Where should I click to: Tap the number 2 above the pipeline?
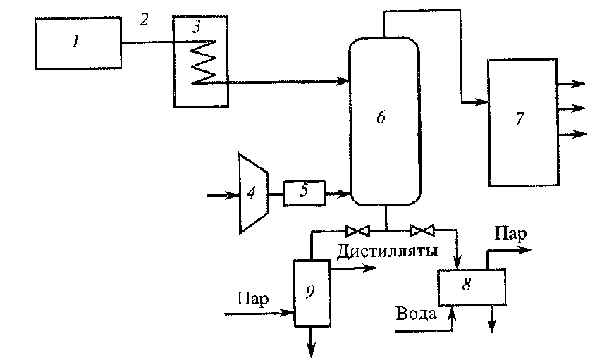point(144,20)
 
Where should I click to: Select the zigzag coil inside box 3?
point(204,61)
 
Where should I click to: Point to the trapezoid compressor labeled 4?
point(254,193)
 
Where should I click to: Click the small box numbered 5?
point(304,193)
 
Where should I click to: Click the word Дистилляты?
point(387,251)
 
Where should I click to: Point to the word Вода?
point(416,314)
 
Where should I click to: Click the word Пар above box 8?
point(510,234)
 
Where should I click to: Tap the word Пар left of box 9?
point(253,299)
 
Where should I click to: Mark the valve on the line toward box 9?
point(357,230)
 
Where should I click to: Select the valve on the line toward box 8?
point(422,230)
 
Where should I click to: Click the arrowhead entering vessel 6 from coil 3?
point(342,80)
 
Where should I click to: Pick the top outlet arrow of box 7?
point(572,84)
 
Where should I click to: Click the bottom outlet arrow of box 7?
point(572,134)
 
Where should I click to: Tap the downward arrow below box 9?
point(311,342)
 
